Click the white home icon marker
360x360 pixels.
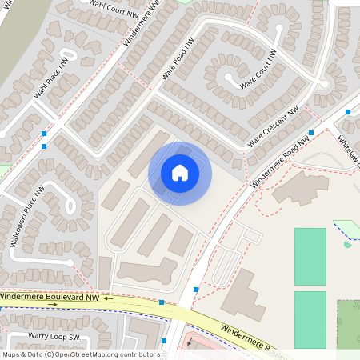pos(180,173)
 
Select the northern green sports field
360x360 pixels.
pos(310,256)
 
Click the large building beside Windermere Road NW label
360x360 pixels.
pos(301,187)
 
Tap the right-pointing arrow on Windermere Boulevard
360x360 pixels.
pos(53,305)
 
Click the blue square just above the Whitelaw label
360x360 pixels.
pos(348,113)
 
